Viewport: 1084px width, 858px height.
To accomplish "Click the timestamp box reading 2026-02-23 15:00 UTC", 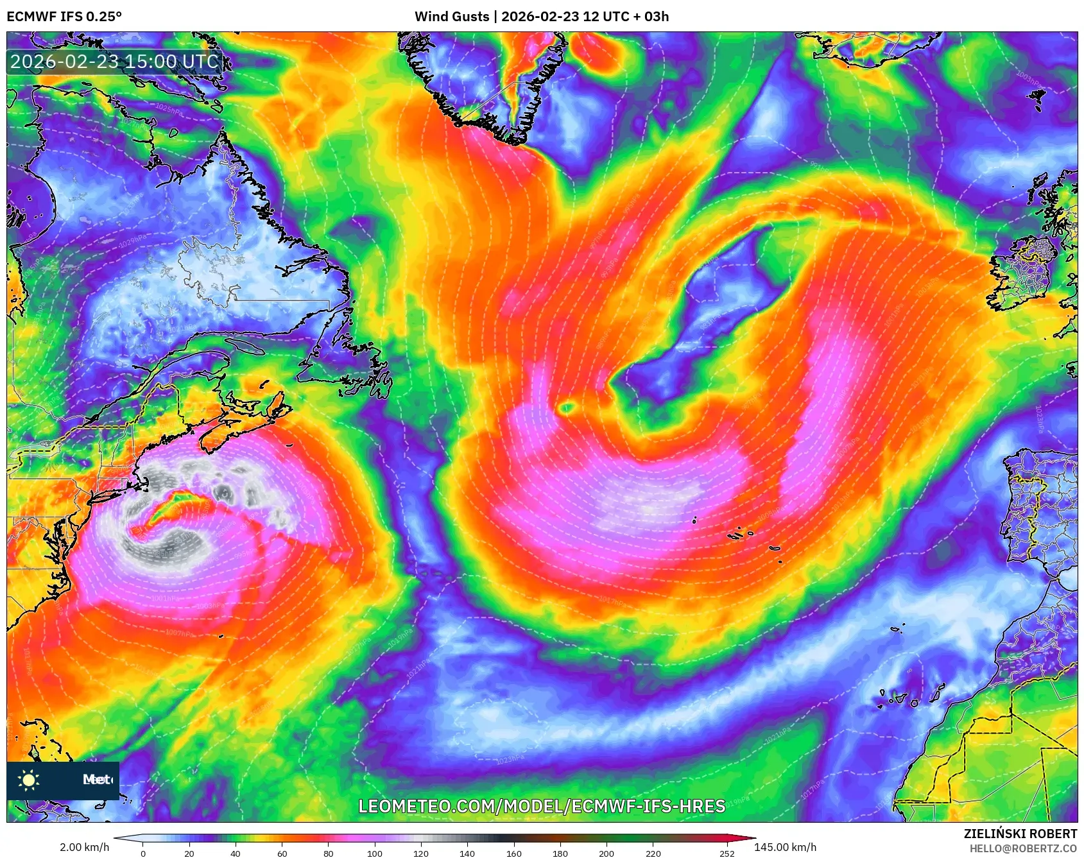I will click(115, 62).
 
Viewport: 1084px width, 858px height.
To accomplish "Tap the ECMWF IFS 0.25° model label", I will click(64, 17).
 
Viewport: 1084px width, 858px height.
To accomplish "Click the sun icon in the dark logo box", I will click(29, 780).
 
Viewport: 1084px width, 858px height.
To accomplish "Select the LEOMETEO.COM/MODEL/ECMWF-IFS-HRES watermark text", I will click(542, 806).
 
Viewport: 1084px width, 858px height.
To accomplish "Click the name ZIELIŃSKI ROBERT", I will click(1020, 834).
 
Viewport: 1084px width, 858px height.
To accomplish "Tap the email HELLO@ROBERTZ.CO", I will click(1023, 848).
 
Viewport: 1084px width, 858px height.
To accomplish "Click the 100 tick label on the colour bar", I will click(375, 854).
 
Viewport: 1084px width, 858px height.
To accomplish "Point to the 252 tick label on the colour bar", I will click(727, 854).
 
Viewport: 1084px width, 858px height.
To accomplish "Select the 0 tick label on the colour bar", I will click(143, 854).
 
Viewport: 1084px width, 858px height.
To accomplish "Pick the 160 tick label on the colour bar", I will click(514, 854).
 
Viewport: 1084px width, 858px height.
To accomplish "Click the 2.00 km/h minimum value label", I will click(85, 847).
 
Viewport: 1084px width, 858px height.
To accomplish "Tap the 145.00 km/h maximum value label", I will click(786, 847).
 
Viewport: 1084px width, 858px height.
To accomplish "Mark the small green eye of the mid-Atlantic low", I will click(567, 407).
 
